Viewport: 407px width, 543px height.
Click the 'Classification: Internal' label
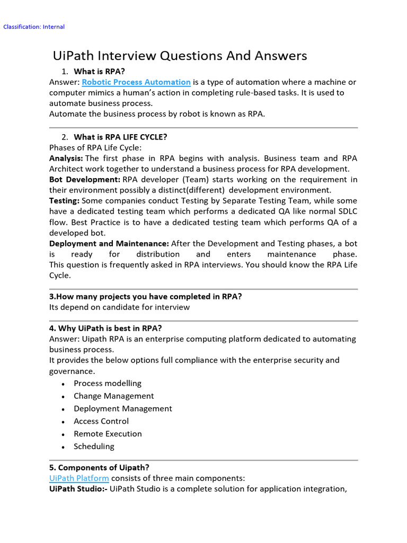[34, 27]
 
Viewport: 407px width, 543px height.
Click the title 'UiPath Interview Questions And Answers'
[180, 56]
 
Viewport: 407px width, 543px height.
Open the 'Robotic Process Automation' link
[136, 82]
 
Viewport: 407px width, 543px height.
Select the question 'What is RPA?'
[99, 72]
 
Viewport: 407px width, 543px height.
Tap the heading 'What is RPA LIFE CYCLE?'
[120, 137]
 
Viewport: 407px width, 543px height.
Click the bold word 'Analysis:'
[66, 159]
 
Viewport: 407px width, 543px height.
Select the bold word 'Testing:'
[64, 201]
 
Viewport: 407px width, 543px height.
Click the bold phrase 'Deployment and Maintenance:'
[109, 243]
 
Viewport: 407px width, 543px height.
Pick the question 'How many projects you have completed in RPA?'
[146, 297]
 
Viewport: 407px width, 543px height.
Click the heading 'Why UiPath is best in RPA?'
[105, 328]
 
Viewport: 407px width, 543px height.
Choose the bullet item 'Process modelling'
[108, 383]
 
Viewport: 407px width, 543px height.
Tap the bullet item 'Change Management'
[114, 396]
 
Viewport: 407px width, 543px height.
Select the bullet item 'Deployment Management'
[123, 409]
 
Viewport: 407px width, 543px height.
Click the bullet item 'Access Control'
[101, 422]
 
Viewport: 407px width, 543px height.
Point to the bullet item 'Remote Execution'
[108, 434]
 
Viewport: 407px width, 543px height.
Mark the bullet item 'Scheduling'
[94, 446]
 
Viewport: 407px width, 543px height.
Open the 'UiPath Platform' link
[79, 478]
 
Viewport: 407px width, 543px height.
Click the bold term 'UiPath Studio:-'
[78, 489]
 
